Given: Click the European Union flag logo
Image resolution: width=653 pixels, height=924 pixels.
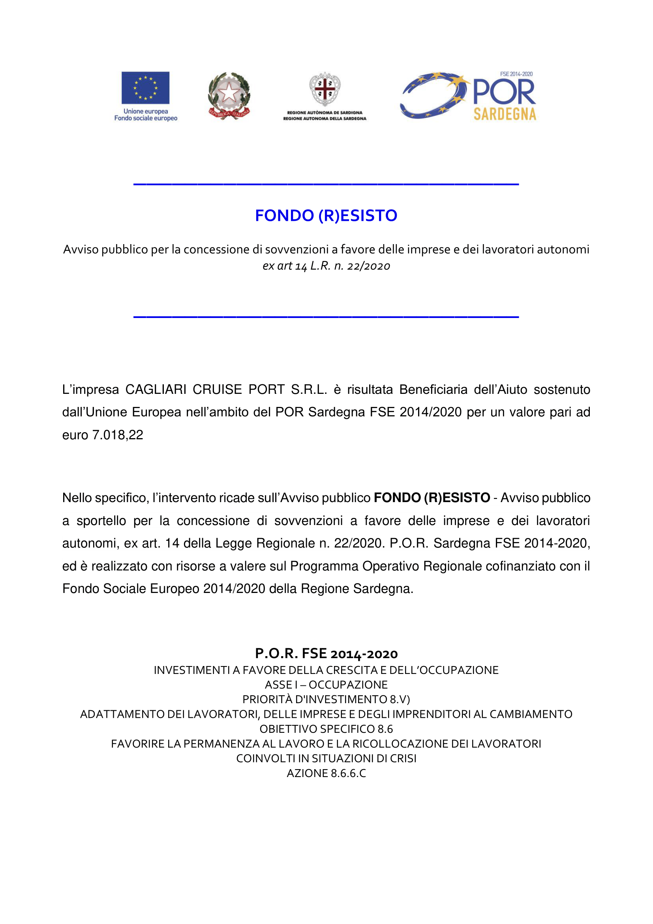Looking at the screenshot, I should (x=146, y=88).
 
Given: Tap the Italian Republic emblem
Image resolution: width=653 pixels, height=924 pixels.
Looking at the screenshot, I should (x=229, y=96).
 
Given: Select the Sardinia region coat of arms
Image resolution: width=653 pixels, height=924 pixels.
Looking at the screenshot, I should (x=325, y=89).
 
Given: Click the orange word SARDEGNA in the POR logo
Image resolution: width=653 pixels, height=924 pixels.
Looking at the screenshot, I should (x=505, y=114).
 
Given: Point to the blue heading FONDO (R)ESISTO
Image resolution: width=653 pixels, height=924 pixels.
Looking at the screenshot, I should (x=326, y=216).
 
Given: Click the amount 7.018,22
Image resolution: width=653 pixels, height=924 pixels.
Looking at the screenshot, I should (x=118, y=435).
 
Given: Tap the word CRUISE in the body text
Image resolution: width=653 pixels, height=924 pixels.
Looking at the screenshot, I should (x=217, y=390).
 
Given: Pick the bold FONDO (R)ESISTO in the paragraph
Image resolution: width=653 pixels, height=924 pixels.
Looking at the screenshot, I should (x=432, y=498).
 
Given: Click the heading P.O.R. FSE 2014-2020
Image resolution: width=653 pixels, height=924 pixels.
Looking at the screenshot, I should (x=326, y=654).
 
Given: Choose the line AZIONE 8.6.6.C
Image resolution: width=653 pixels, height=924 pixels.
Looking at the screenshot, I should (x=326, y=773).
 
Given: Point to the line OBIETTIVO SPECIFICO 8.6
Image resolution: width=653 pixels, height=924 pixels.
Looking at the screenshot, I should (x=326, y=729).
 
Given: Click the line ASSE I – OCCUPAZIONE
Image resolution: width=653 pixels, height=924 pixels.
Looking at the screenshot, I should (x=326, y=685).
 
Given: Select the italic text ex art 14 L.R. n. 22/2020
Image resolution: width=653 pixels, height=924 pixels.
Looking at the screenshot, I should (x=326, y=266).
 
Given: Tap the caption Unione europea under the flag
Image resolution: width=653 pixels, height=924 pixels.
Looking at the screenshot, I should (x=146, y=111).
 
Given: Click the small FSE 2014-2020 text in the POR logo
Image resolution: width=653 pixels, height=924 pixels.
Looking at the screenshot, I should (x=516, y=74).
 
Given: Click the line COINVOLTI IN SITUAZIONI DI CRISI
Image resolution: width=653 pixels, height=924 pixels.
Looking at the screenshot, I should (x=326, y=758).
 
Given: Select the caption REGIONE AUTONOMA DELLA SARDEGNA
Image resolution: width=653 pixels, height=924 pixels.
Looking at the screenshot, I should (x=325, y=119).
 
